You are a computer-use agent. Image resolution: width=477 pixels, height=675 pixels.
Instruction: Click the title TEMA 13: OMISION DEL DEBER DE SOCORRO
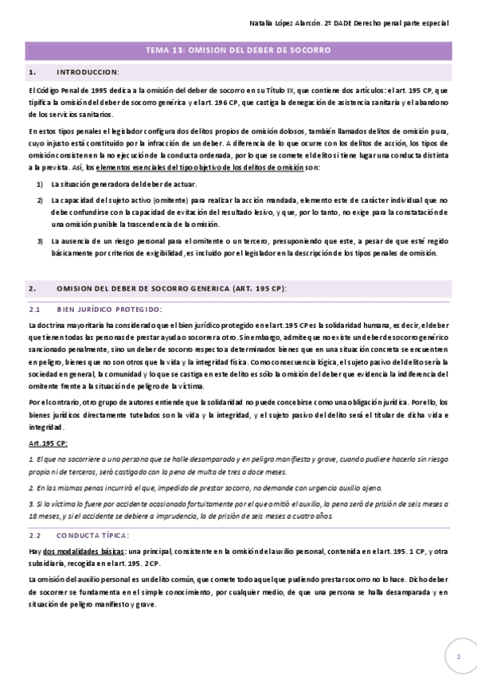[238, 50]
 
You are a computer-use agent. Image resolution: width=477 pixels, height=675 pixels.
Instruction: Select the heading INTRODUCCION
[88, 72]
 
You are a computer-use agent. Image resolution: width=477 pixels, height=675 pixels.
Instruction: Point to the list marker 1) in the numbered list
[40, 185]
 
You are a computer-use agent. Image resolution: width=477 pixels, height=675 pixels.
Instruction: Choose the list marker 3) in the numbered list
[40, 240]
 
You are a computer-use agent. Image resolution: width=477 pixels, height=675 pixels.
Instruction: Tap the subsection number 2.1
[34, 309]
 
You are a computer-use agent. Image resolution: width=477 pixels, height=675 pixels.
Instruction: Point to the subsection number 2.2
[34, 536]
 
